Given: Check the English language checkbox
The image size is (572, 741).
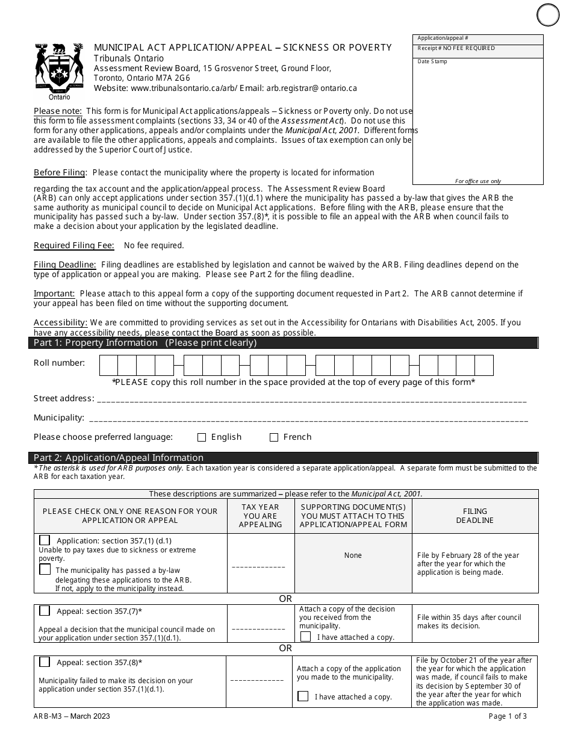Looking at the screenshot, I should pyautogui.click(x=202, y=437).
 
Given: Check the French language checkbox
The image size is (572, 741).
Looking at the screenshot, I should pyautogui.click(x=274, y=437).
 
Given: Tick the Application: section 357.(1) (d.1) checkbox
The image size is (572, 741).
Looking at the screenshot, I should pyautogui.click(x=45, y=540).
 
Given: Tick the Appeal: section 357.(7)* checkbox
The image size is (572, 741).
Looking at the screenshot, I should pyautogui.click(x=45, y=611).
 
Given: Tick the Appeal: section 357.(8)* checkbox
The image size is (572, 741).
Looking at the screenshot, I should pyautogui.click(x=45, y=662).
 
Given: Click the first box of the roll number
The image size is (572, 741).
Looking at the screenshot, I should pyautogui.click(x=108, y=366).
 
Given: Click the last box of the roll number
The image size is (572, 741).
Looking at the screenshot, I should pyautogui.click(x=483, y=366).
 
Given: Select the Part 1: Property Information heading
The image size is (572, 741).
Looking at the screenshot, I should pyautogui.click(x=145, y=343).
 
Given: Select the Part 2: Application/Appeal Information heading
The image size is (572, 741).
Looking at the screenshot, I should pyautogui.click(x=119, y=458).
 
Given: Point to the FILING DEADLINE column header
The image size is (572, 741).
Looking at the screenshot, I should pyautogui.click(x=474, y=516).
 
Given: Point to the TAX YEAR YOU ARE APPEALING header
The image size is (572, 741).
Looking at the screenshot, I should pyautogui.click(x=260, y=516).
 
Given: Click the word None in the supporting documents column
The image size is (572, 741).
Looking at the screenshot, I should pyautogui.click(x=353, y=555).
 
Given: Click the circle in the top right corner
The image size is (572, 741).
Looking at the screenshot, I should pyautogui.click(x=548, y=14).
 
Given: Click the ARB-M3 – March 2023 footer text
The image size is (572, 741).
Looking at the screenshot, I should pyautogui.click(x=72, y=716).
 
